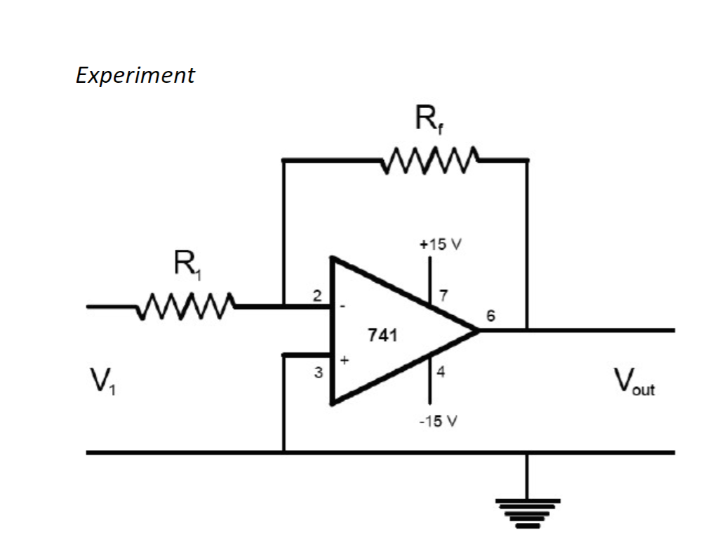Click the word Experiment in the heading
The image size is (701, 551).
coord(135,75)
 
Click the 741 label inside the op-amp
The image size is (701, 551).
coord(382,336)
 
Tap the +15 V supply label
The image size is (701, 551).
coord(438,246)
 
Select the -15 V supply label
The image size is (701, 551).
coord(438,422)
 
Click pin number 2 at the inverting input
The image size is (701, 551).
coord(317,296)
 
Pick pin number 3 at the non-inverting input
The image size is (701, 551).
coord(317,373)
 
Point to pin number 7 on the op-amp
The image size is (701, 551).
coord(443,293)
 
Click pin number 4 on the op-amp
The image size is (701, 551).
coord(441,372)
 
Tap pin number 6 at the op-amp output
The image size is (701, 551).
coord(490,317)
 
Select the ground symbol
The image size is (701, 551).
coord(528,512)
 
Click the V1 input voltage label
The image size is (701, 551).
coord(103,383)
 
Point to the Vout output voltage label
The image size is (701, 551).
coord(634,383)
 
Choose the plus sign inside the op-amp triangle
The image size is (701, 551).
coord(344,359)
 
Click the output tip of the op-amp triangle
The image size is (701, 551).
coord(479,330)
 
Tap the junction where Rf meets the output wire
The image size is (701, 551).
coord(527,330)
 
